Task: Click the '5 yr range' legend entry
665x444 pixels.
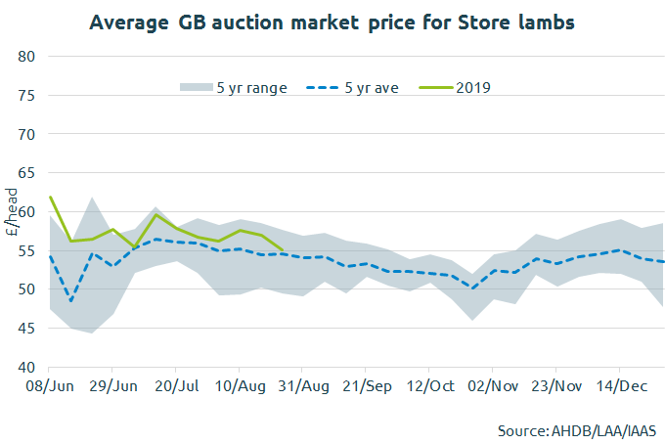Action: tap(234, 87)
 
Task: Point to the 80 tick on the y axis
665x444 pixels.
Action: tap(28, 57)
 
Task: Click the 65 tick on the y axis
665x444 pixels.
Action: tap(28, 173)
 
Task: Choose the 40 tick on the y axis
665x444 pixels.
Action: tap(28, 368)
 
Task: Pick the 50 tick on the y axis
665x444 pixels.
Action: tap(28, 289)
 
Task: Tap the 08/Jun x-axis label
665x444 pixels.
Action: tap(49, 387)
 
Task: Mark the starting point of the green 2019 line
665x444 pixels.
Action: tap(50, 197)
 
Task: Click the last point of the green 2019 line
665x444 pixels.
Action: tap(283, 249)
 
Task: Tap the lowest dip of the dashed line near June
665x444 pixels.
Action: tap(71, 301)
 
